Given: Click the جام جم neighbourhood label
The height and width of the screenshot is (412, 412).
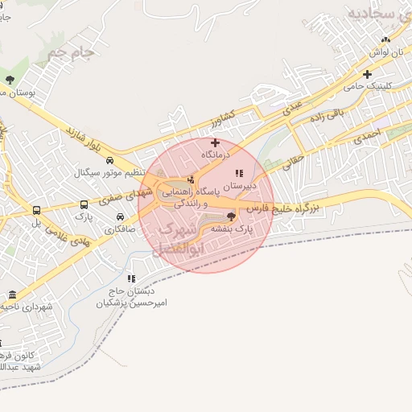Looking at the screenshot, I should pyautogui.click(x=71, y=53).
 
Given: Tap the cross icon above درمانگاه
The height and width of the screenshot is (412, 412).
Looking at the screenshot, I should pyautogui.click(x=215, y=142).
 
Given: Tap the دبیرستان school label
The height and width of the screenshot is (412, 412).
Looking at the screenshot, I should pyautogui.click(x=239, y=185).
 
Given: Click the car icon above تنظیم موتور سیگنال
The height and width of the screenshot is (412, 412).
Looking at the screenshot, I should pyautogui.click(x=109, y=160).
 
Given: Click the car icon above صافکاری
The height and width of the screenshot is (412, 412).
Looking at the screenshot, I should pyautogui.click(x=120, y=216).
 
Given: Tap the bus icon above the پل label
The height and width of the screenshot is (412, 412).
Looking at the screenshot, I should pyautogui.click(x=35, y=211).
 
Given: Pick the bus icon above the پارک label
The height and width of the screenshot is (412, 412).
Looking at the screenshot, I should pyautogui.click(x=84, y=204).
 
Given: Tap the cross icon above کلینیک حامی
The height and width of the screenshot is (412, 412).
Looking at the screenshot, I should pyautogui.click(x=367, y=73).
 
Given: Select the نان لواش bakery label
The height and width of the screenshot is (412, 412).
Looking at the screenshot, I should pyautogui.click(x=385, y=51).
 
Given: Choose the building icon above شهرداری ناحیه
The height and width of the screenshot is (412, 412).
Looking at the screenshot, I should pyautogui.click(x=11, y=295).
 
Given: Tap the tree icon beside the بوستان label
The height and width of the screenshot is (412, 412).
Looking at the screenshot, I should pyautogui.click(x=10, y=80).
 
